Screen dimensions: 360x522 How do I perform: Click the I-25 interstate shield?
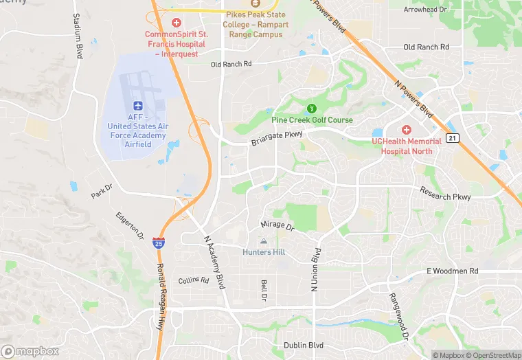pos(159,243)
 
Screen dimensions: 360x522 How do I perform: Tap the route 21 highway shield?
pos(451,138)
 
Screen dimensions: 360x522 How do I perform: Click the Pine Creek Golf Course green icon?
pos(311,108)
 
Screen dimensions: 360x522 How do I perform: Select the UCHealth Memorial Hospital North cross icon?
pos(406,129)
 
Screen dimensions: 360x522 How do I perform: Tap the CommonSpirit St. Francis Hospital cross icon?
pos(177,23)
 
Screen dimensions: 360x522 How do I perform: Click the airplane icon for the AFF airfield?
pos(137,107)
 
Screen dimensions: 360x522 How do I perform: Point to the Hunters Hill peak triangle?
pos(263,241)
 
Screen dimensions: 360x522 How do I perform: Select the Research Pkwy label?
pos(445,194)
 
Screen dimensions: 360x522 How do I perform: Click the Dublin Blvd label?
pos(304,346)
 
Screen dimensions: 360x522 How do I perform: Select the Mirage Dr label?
pos(277,225)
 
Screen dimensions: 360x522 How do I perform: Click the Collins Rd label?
pos(192,281)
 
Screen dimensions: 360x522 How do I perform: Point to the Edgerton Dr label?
pos(129,227)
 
